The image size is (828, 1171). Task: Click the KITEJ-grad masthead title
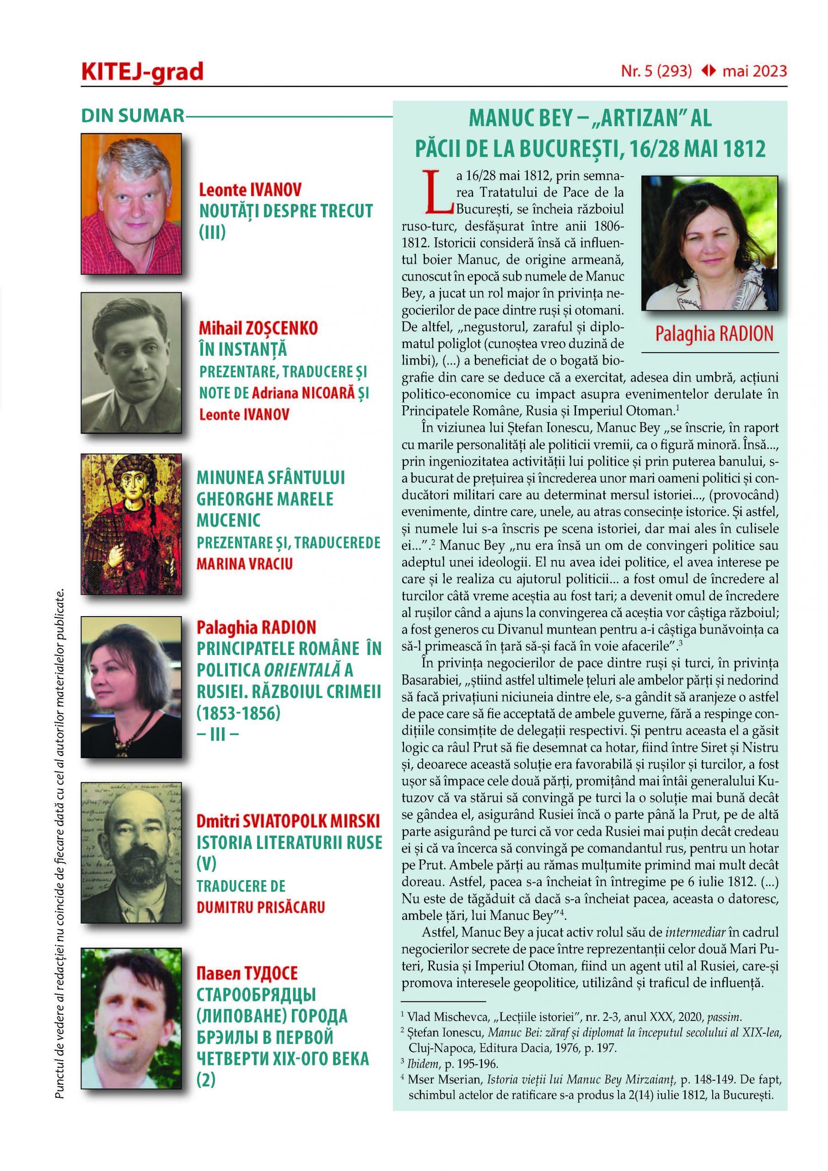tap(142, 72)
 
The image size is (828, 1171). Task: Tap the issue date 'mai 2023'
tap(754, 71)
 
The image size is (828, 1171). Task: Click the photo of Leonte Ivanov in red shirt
tap(131, 204)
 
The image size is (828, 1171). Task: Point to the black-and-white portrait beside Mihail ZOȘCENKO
tap(131, 363)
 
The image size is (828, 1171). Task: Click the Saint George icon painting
tap(131, 524)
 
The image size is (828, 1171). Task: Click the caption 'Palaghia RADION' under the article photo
tap(714, 334)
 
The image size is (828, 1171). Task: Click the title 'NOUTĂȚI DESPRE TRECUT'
tap(286, 211)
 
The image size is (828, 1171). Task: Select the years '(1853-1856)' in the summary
tap(238, 713)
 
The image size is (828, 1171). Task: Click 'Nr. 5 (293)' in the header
tap(656, 71)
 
